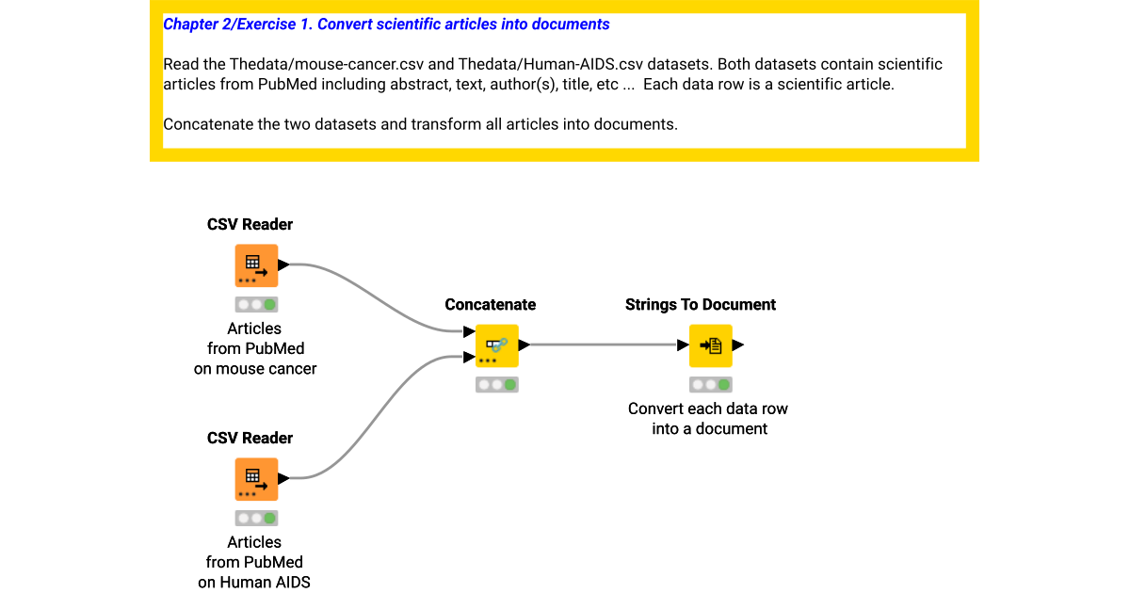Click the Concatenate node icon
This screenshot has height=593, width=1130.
(497, 345)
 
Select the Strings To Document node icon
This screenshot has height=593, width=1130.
(711, 345)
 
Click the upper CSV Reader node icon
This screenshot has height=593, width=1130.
(256, 265)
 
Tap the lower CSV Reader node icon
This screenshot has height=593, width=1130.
(256, 479)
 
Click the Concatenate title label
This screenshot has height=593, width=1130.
(490, 305)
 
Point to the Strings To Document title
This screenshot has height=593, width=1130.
(701, 305)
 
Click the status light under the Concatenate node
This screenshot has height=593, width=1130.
(497, 385)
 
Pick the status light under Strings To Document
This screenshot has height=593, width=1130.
(711, 385)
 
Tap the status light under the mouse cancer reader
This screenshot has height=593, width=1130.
(256, 305)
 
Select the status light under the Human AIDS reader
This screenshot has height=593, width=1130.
(256, 519)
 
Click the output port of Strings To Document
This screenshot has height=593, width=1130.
(739, 345)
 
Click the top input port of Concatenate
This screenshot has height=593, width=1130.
(469, 332)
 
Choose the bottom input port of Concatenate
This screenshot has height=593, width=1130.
(469, 357)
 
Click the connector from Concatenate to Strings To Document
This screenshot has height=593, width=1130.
(603, 345)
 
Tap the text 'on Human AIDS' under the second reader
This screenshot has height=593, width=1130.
(254, 582)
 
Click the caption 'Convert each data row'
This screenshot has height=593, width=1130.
(708, 409)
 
